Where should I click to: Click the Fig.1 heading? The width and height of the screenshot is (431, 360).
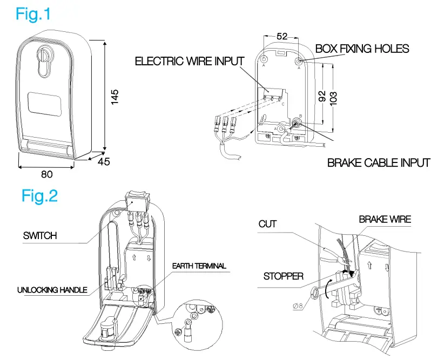pyautogui.click(x=33, y=13)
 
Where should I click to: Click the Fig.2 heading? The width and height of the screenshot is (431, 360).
pyautogui.click(x=39, y=195)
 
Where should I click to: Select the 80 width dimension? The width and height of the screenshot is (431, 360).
pyautogui.click(x=47, y=174)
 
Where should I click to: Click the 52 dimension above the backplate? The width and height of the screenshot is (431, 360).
pyautogui.click(x=281, y=36)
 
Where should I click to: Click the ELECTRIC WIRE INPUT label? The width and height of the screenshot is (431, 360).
pyautogui.click(x=189, y=61)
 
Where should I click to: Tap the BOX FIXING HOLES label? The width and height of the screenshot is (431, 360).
pyautogui.click(x=362, y=49)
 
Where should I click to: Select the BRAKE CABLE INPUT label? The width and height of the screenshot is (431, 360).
pyautogui.click(x=379, y=162)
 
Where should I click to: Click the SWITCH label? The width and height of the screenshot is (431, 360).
pyautogui.click(x=40, y=236)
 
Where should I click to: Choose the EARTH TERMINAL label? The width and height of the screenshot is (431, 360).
pyautogui.click(x=199, y=266)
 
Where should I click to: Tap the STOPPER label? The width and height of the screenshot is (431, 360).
pyautogui.click(x=284, y=276)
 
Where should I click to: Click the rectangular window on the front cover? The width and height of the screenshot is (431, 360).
pyautogui.click(x=46, y=103)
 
